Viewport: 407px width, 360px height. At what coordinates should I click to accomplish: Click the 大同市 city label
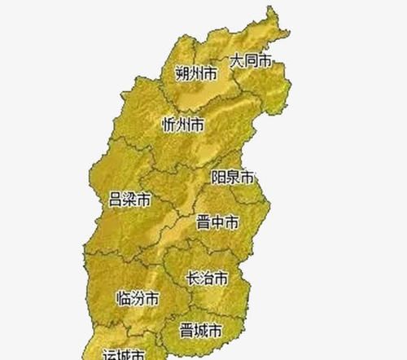pos(250,60)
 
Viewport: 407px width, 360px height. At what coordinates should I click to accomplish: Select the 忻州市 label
pos(183,124)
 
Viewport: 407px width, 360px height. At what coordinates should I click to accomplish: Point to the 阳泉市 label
pos(232,177)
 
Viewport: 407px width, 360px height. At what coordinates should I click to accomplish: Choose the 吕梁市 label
pos(129,200)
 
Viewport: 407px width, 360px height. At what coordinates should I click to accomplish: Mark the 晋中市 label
pos(217,222)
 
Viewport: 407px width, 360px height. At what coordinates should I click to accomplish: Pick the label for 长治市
pos(207,278)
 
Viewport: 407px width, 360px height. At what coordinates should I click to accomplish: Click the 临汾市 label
pos(137,298)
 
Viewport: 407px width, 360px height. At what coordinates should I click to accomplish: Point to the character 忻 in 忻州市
pos(169,124)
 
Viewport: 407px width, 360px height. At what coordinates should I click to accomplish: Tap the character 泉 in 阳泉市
pos(232,177)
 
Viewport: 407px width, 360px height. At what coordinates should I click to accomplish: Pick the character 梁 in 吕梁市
pos(129,200)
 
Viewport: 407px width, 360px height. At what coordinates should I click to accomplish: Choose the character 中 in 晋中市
pos(217,222)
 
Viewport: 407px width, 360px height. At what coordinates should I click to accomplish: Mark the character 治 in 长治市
pos(207,278)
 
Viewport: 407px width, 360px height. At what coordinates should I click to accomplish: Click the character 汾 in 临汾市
pos(137,298)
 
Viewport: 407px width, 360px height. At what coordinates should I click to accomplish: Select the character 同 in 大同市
pos(250,60)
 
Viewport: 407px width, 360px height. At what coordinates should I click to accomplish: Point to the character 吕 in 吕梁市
pos(116,200)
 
